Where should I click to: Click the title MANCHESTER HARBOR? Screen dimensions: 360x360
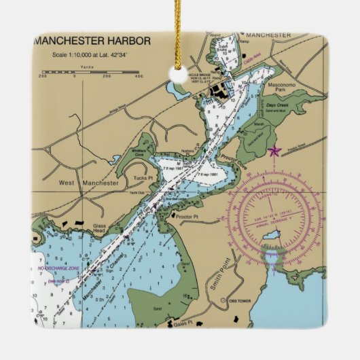click(x=92, y=41)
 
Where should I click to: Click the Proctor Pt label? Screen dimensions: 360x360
click(x=185, y=217)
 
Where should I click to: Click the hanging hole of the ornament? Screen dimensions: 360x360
click(x=180, y=75)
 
